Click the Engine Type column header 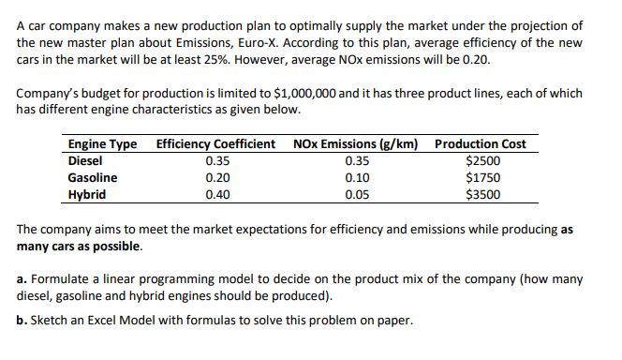(x=102, y=144)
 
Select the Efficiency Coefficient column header (x=215, y=144)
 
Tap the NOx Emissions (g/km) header (x=356, y=144)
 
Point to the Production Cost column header (x=481, y=144)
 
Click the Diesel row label (x=86, y=160)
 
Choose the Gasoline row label (x=93, y=177)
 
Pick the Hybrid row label (x=87, y=195)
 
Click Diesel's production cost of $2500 (x=482, y=160)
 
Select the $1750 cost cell (x=482, y=177)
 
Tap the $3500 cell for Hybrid (x=482, y=195)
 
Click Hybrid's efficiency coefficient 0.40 (x=217, y=195)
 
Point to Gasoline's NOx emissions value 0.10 (x=357, y=177)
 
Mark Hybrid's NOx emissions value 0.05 (x=357, y=195)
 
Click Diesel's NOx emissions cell (x=357, y=160)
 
